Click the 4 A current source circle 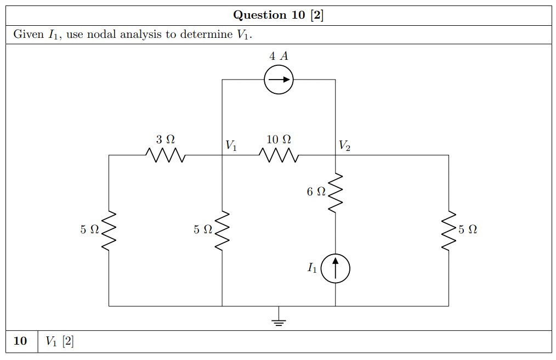(x=279, y=80)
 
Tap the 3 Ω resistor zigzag (x=166, y=156)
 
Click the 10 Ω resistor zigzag (x=279, y=156)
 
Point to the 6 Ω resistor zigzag (x=335, y=193)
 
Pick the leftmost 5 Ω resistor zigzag (x=109, y=230)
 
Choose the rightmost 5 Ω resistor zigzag (x=449, y=230)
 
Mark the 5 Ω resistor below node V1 (x=222, y=230)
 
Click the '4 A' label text (x=279, y=56)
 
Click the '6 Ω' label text (x=316, y=192)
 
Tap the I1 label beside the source (x=312, y=268)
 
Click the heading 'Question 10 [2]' (x=278, y=15)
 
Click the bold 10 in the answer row (x=20, y=341)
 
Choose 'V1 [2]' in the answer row (x=60, y=341)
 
